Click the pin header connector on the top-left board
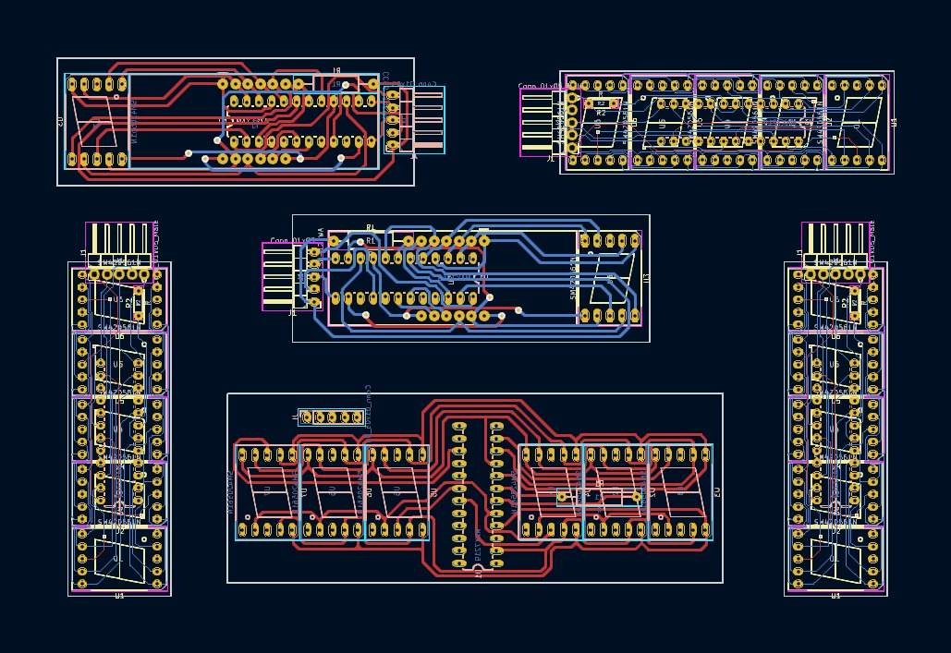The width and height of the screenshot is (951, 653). click(x=415, y=120)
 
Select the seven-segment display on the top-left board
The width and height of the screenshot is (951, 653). click(x=96, y=121)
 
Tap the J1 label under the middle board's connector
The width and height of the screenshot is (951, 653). click(x=293, y=313)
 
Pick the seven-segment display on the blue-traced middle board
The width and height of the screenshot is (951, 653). click(x=609, y=278)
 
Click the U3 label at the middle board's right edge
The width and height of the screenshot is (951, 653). click(x=646, y=278)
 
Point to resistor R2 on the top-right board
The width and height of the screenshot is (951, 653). click(x=601, y=114)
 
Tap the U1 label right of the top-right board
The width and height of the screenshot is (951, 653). click(x=894, y=122)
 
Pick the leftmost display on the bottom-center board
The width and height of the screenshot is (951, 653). click(x=267, y=492)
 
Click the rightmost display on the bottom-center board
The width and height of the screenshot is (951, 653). click(x=679, y=492)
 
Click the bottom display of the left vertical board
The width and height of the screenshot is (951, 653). click(x=119, y=559)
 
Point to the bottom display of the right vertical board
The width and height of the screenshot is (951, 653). click(x=835, y=559)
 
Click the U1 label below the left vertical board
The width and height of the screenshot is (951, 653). click(x=119, y=597)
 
